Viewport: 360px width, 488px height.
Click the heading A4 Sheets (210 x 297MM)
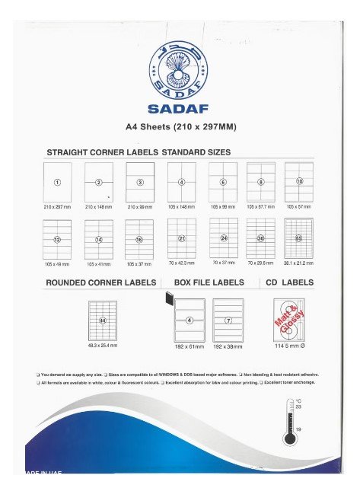coord(180,125)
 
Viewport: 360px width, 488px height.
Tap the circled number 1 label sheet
coord(56,182)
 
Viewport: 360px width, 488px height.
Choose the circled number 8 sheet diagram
coord(261,182)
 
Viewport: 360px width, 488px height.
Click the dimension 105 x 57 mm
coord(299,206)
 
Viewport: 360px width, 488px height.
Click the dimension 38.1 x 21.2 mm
coord(299,263)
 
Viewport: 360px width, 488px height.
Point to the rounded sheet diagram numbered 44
coord(102,321)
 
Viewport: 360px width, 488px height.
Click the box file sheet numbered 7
coord(228,320)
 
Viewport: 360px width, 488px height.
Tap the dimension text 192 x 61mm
coord(190,346)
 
